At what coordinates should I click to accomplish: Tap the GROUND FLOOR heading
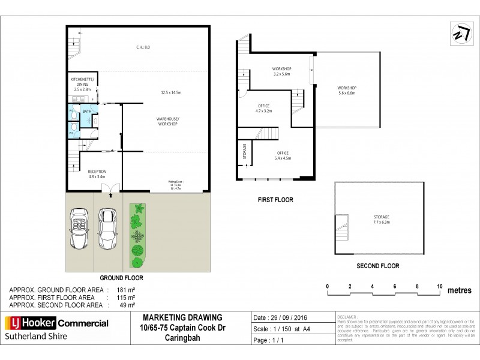pyautogui.click(x=121, y=278)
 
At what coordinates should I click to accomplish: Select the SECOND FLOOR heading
pyautogui.click(x=378, y=266)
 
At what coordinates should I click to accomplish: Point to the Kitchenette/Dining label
pyautogui.click(x=82, y=84)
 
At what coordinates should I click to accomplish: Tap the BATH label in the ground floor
pyautogui.click(x=87, y=112)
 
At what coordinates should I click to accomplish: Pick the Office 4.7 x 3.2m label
pyautogui.click(x=265, y=109)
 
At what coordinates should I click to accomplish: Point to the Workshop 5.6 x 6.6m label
pyautogui.click(x=347, y=91)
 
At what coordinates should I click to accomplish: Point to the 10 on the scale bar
pyautogui.click(x=439, y=285)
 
